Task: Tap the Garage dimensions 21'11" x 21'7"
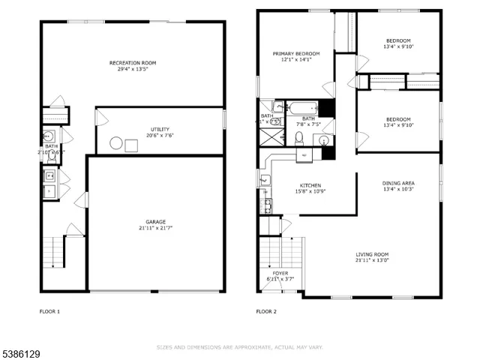pyautogui.click(x=156, y=229)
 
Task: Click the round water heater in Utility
pyautogui.click(x=116, y=144)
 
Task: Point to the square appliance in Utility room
pyautogui.click(x=131, y=144)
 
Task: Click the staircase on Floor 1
pyautogui.click(x=52, y=251)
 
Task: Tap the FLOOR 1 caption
pyautogui.click(x=49, y=311)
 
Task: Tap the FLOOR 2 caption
pyautogui.click(x=266, y=311)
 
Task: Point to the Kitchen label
pyautogui.click(x=310, y=185)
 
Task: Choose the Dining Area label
pyautogui.click(x=398, y=183)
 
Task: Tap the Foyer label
pyautogui.click(x=280, y=273)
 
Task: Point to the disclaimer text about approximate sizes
pyautogui.click(x=239, y=347)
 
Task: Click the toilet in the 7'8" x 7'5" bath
pyautogui.click(x=298, y=137)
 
